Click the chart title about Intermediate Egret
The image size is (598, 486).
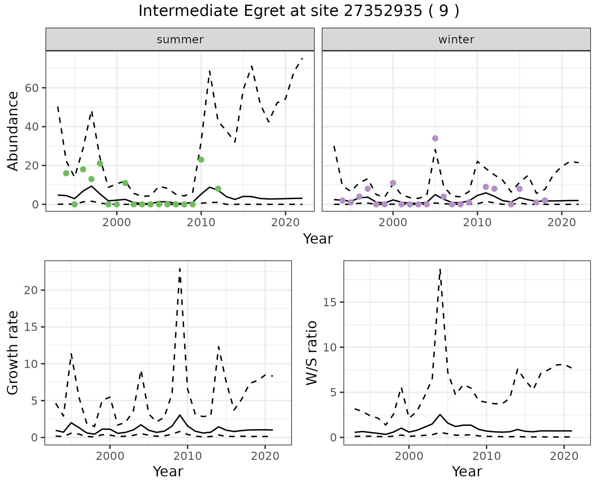coord(299,11)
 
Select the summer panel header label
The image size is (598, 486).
coord(180,40)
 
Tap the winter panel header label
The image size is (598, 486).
coord(456,40)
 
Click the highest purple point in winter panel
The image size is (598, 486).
coord(435,138)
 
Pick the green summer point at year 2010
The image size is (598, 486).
coord(201,160)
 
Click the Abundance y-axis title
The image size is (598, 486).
coord(13,131)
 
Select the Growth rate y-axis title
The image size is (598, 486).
coord(13,353)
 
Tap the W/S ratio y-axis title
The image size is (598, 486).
coord(312,353)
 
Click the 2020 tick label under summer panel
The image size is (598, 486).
coord(285,223)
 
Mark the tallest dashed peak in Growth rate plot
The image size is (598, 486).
coord(180,269)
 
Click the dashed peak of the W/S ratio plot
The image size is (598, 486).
coord(440,269)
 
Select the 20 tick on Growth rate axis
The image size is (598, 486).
coord(31,290)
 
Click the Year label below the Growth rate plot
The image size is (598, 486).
coord(168,471)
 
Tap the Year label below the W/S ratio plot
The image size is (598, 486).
coord(467,471)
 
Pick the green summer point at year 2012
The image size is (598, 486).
coord(218,189)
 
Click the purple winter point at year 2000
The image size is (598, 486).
coord(393,183)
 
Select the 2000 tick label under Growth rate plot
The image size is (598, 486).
coord(110,456)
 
